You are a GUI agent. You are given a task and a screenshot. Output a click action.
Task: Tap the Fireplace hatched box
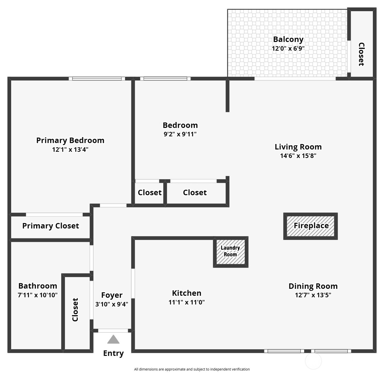(310, 226)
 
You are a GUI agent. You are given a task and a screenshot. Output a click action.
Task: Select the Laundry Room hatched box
(231, 252)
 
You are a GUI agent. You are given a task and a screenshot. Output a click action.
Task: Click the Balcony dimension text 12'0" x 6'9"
(288, 48)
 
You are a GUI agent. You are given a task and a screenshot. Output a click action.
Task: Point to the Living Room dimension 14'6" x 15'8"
(298, 156)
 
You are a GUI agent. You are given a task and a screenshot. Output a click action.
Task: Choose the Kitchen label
(187, 293)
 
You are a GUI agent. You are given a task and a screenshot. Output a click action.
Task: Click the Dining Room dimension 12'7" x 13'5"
(313, 295)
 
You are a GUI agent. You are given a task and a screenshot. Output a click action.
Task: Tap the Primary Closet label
(50, 226)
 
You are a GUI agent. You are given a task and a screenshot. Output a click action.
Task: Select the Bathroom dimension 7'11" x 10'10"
(37, 295)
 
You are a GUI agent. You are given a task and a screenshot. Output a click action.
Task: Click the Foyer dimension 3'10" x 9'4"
(112, 304)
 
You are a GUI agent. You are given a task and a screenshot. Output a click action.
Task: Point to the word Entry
(113, 353)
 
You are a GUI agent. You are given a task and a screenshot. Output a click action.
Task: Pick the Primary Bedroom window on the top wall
(97, 78)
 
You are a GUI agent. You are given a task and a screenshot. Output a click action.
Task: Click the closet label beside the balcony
(361, 54)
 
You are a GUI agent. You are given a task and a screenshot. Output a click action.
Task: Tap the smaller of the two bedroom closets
(149, 192)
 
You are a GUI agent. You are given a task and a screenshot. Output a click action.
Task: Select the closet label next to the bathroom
(75, 310)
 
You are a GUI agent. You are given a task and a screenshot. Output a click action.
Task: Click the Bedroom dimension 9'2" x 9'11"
(180, 134)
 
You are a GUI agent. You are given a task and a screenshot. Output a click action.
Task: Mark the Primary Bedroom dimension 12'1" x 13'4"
(70, 149)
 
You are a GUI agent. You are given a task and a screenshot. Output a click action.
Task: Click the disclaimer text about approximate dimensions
(192, 369)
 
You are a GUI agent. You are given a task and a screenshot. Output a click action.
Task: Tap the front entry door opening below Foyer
(113, 331)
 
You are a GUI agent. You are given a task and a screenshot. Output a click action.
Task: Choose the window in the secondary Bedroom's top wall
(165, 78)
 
